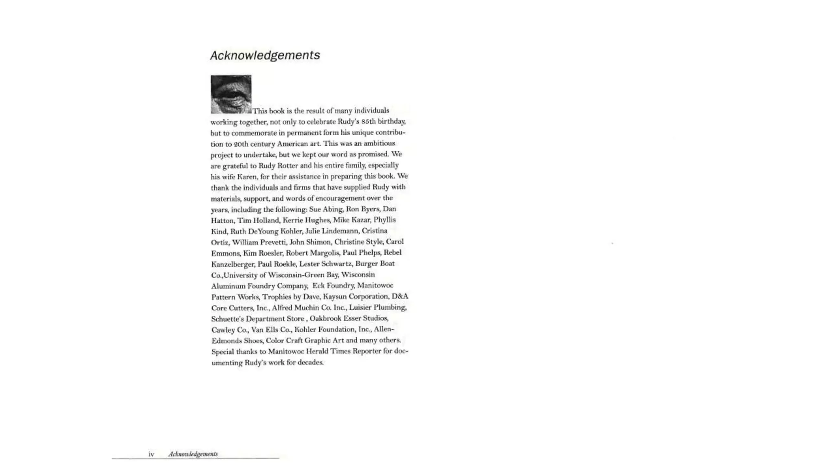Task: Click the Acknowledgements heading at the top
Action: point(265,55)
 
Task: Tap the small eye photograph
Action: point(231,94)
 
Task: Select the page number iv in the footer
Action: point(151,454)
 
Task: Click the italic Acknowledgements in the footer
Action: point(193,454)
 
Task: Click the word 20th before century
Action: point(239,144)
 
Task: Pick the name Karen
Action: point(247,177)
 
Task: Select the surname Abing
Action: point(333,209)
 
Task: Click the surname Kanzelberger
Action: point(233,264)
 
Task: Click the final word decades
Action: point(310,362)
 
